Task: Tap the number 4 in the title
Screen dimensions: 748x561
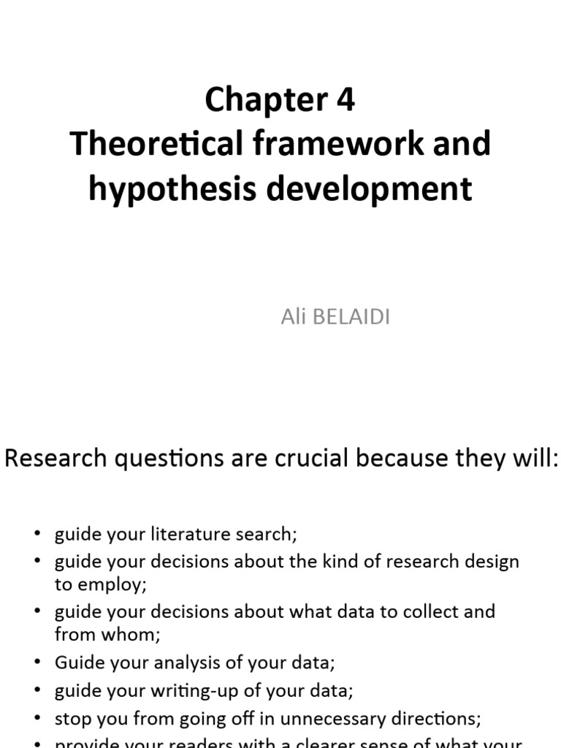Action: tap(346, 99)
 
